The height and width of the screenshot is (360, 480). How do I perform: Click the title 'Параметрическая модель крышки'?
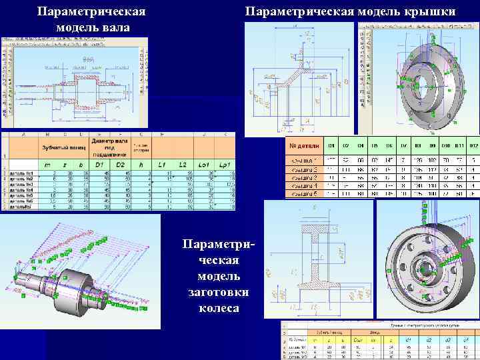point(350,12)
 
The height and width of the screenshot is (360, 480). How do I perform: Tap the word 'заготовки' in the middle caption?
point(219,292)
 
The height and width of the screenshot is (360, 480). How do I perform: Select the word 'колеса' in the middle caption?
point(219,308)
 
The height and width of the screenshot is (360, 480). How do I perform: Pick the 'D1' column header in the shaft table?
point(101,165)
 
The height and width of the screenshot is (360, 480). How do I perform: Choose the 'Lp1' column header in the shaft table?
point(225,165)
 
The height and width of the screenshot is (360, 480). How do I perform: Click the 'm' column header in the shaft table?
point(47,165)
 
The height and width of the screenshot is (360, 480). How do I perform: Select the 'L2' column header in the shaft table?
point(182,165)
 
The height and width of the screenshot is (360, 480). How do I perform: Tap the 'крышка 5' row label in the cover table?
point(302,193)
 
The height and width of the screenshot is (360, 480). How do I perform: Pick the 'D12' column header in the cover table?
point(473,145)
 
